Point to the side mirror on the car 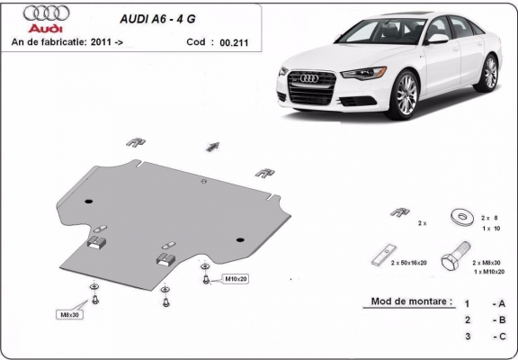(x=437, y=40)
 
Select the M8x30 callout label (x=69, y=315)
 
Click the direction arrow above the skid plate (x=213, y=146)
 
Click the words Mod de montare (x=412, y=301)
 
